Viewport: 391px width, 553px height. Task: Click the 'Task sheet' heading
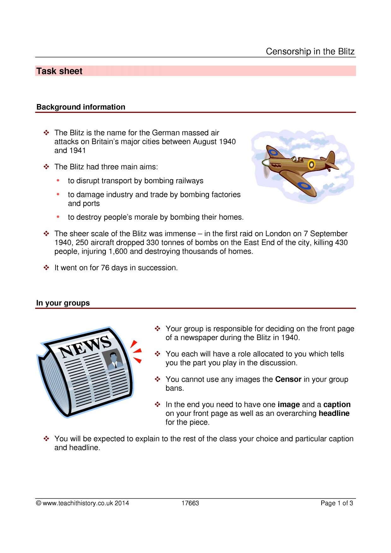pos(59,71)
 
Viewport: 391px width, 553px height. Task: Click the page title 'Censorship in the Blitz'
pos(310,51)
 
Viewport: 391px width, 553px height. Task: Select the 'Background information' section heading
pos(81,107)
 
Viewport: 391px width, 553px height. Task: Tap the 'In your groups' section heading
pos(63,303)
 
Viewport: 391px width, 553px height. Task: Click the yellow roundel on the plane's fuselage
pos(311,164)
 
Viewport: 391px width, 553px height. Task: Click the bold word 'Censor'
pos(288,379)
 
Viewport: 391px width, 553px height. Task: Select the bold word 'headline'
pos(334,413)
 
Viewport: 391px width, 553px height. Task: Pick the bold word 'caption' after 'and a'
pos(337,405)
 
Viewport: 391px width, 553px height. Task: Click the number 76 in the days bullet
pos(105,268)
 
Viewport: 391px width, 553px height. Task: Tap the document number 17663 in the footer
pos(190,503)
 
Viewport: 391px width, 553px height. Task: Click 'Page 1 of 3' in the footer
pos(337,503)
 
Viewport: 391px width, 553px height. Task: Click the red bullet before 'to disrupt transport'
pos(58,180)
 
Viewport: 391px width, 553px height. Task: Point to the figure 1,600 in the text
pos(118,252)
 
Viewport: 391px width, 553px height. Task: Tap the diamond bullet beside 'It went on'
pos(46,268)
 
